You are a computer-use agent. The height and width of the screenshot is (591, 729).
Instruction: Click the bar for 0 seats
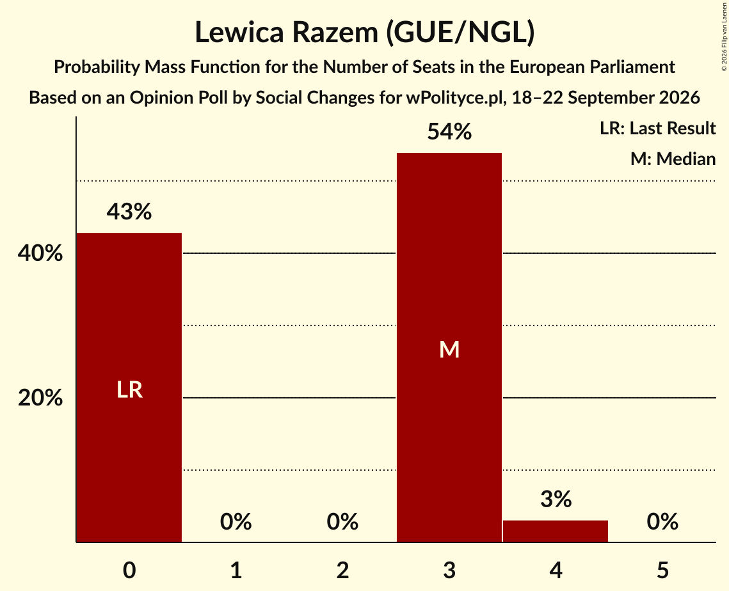pyautogui.click(x=129, y=388)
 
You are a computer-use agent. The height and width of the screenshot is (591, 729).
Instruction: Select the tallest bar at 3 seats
pyautogui.click(x=449, y=347)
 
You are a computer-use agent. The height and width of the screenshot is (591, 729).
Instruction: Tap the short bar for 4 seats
pyautogui.click(x=556, y=531)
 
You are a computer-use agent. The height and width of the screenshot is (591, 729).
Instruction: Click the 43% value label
pyautogui.click(x=129, y=212)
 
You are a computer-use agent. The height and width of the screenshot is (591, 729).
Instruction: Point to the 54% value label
pyautogui.click(x=449, y=132)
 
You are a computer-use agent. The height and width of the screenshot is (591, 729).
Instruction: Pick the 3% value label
pyautogui.click(x=556, y=499)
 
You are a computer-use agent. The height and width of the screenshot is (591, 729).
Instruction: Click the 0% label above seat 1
pyautogui.click(x=236, y=521)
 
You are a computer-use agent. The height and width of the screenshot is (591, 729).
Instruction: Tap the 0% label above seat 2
pyautogui.click(x=342, y=521)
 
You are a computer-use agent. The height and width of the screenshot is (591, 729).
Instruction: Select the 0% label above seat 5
pyautogui.click(x=662, y=521)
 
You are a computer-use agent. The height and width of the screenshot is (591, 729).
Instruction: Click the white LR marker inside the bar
pyautogui.click(x=129, y=390)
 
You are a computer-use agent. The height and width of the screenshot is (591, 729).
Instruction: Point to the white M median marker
pyautogui.click(x=449, y=349)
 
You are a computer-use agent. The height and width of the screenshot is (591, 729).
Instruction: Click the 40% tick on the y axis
pyautogui.click(x=40, y=253)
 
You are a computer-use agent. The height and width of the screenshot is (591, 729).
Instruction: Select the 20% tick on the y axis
pyautogui.click(x=40, y=398)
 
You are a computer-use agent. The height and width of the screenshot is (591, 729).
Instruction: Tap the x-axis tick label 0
pyautogui.click(x=129, y=570)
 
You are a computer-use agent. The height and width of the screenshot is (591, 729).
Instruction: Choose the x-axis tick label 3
pyautogui.click(x=449, y=570)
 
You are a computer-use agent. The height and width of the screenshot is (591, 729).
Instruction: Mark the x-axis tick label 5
pyautogui.click(x=662, y=570)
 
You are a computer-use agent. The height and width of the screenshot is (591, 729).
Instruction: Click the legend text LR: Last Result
pyautogui.click(x=657, y=128)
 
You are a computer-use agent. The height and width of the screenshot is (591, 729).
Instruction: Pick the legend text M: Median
pyautogui.click(x=673, y=159)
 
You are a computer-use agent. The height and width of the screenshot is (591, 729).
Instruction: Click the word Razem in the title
pyautogui.click(x=332, y=33)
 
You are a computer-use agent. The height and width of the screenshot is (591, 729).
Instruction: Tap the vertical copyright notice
pyautogui.click(x=724, y=36)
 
